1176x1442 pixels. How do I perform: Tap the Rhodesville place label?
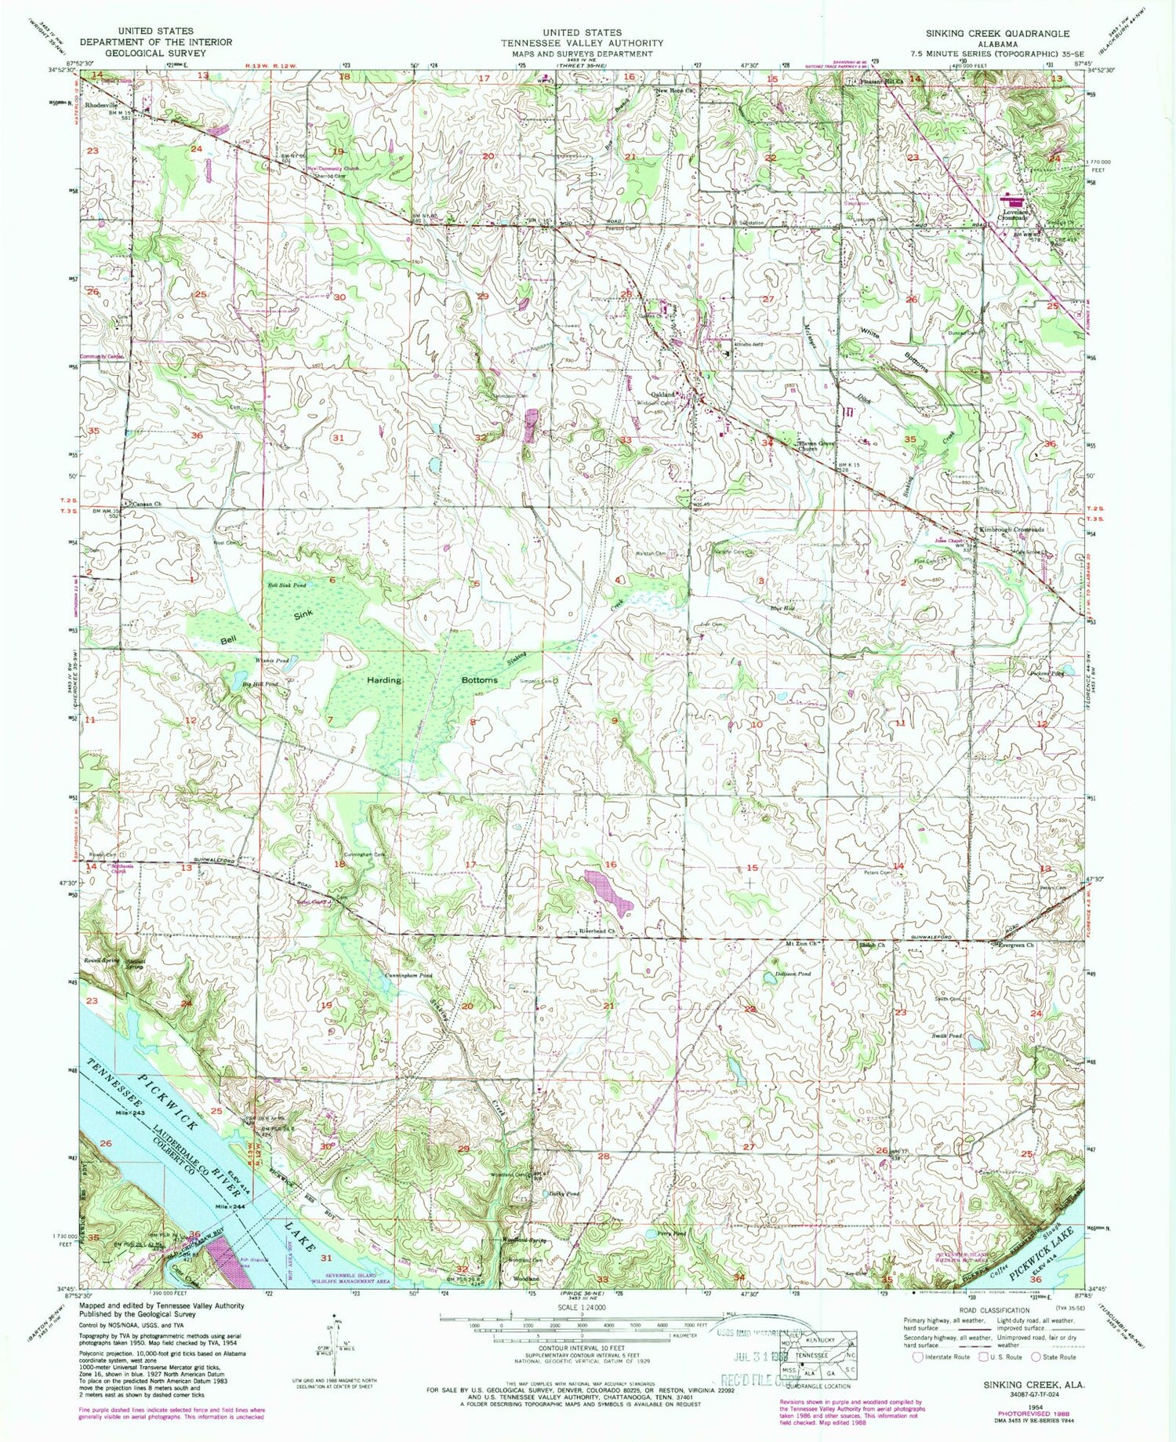coord(102,104)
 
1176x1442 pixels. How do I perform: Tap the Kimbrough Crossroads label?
coord(1011,530)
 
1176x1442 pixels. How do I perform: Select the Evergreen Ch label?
coord(1015,945)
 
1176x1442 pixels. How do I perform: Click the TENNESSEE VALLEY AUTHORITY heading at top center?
coord(582,43)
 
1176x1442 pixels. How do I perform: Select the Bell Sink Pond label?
coord(287,585)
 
